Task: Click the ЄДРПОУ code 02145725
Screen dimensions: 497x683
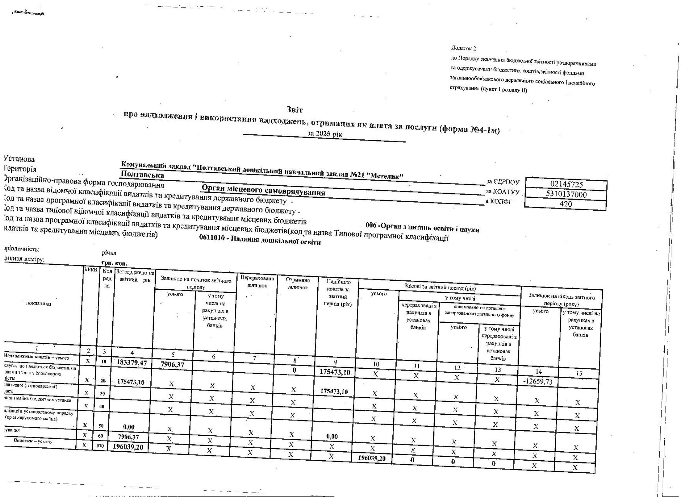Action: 567,184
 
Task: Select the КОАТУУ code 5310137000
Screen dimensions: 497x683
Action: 566,194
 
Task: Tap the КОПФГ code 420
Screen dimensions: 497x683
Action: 565,204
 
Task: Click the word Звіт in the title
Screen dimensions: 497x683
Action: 295,110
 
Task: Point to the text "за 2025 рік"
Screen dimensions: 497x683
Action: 325,133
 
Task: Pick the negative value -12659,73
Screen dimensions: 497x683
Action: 538,382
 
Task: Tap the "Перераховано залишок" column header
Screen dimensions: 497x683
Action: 257,282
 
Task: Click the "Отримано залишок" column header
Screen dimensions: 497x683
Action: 298,284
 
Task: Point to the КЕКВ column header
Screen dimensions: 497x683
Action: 91,270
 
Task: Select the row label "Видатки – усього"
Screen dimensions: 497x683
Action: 32,441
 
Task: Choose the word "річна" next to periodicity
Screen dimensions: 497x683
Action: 109,253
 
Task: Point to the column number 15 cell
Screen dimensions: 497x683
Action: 579,374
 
